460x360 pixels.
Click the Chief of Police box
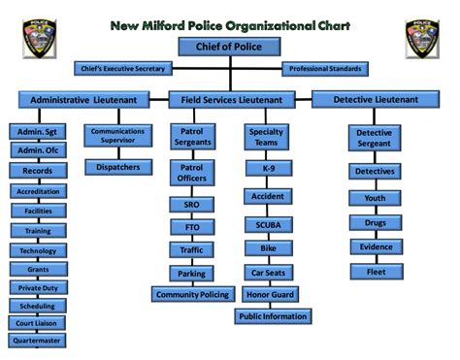pyautogui.click(x=230, y=47)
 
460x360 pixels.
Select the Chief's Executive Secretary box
pyautogui.click(x=124, y=69)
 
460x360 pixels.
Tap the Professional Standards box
pyautogui.click(x=326, y=69)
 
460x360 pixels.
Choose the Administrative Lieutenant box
pyautogui.click(x=83, y=99)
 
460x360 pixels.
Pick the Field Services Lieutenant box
pyautogui.click(x=231, y=99)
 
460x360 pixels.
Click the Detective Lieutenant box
pyautogui.click(x=376, y=99)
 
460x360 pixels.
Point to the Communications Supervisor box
pyautogui.click(x=117, y=136)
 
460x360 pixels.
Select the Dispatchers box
pyautogui.click(x=117, y=167)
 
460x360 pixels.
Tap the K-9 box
pyautogui.click(x=268, y=168)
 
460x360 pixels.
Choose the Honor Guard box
pyautogui.click(x=272, y=293)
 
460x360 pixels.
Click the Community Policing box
pyautogui.click(x=192, y=294)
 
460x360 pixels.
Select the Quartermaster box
pyautogui.click(x=37, y=341)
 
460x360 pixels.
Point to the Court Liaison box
pyautogui.click(x=37, y=322)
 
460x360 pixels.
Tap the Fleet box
pyautogui.click(x=376, y=272)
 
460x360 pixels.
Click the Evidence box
pyautogui.click(x=376, y=246)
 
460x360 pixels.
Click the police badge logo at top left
pyautogui.click(x=38, y=38)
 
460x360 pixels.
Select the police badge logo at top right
pyautogui.click(x=423, y=38)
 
